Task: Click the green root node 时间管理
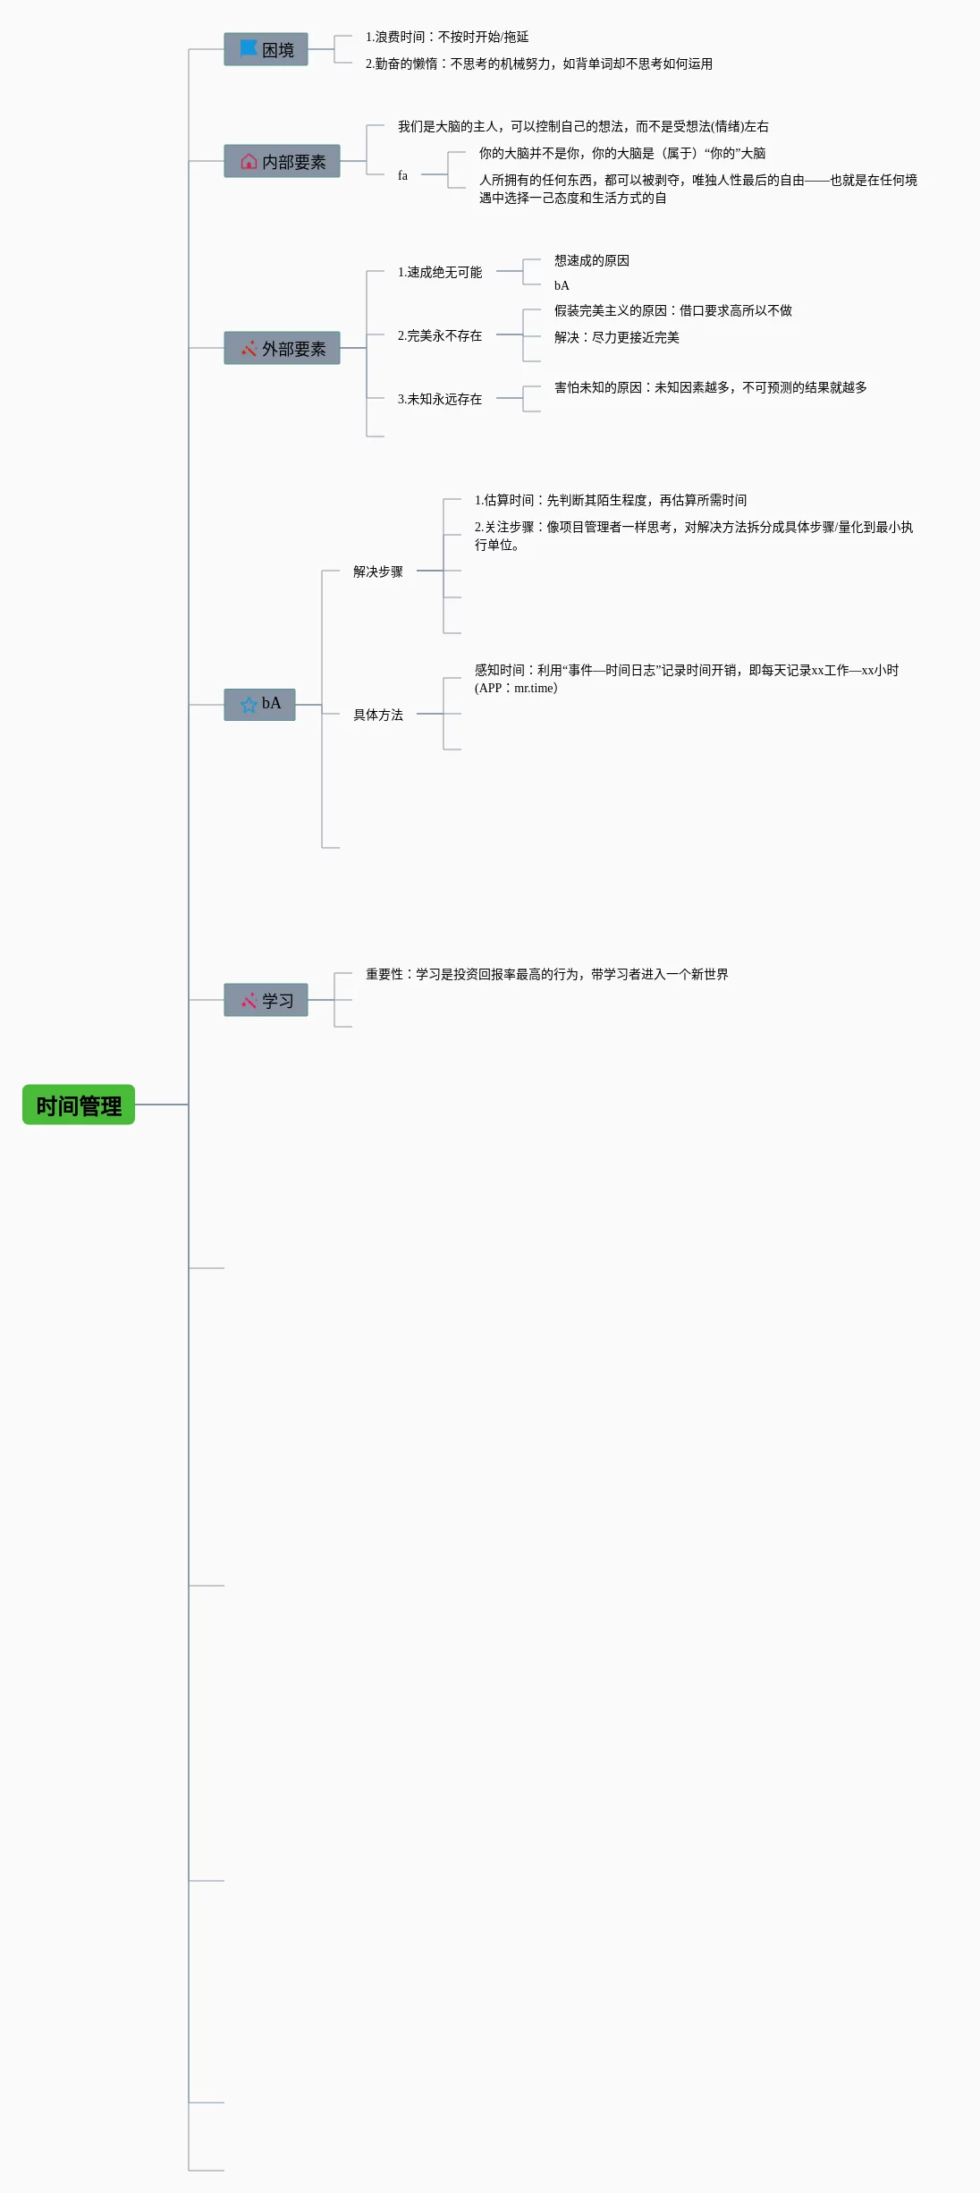pos(79,1105)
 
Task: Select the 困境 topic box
pos(266,49)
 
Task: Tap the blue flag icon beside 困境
pos(249,47)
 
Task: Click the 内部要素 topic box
pos(282,161)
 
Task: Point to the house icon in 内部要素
pos(249,161)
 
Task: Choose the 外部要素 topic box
pos(282,348)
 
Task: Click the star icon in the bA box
pos(249,705)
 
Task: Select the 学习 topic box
pos(266,1000)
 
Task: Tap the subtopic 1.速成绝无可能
pos(440,272)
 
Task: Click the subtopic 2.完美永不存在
pos(440,335)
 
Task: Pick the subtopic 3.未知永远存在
pos(440,399)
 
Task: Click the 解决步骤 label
pos(378,572)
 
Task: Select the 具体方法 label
pos(378,715)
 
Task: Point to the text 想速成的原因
pos(592,260)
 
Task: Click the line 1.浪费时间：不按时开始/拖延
pos(447,37)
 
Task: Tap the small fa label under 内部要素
pos(402,175)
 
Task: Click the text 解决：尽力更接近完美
pos(617,337)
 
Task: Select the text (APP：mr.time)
pos(516,688)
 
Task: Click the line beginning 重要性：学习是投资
pos(547,974)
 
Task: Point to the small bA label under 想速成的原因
pos(562,285)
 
